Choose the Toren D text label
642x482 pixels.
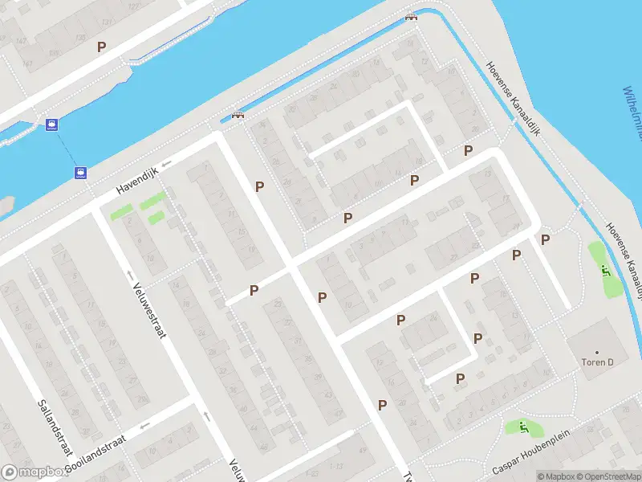(597, 362)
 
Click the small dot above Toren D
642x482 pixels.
(597, 352)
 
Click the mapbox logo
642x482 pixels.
(34, 472)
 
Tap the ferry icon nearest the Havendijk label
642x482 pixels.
(80, 172)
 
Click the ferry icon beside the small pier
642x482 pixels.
(52, 125)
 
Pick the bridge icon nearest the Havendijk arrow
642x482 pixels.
(237, 115)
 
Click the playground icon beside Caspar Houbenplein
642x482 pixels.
(523, 427)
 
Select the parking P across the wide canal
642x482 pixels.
(101, 47)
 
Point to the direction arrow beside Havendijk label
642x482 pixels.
(166, 165)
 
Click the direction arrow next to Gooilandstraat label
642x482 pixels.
(144, 427)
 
